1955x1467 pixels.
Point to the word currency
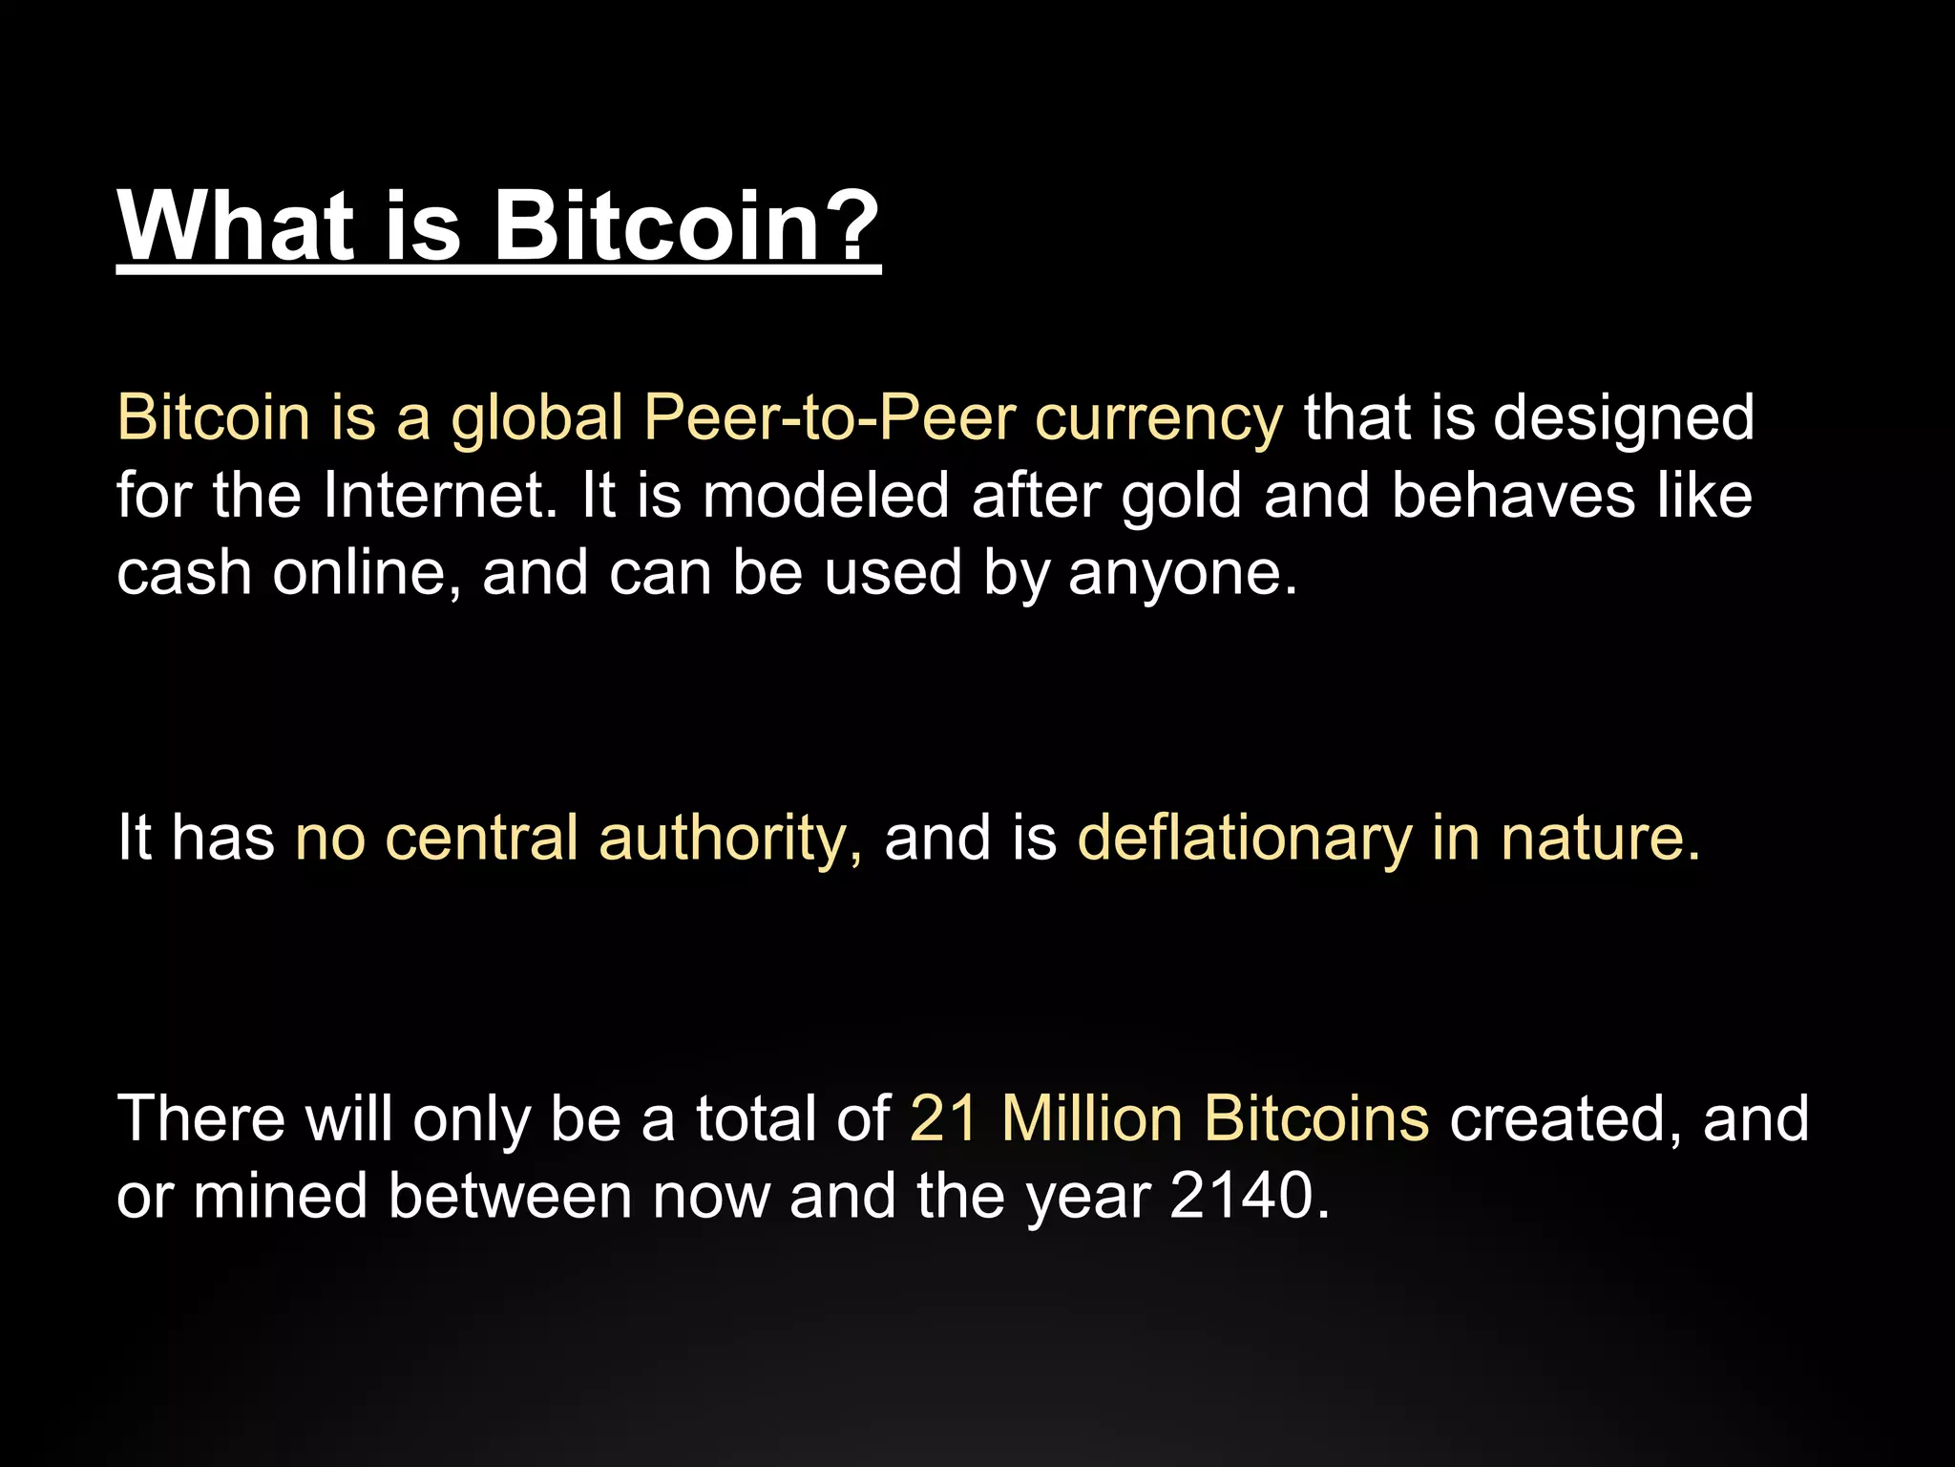click(x=1159, y=420)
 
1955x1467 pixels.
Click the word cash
click(x=184, y=573)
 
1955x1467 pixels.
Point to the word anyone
click(x=1183, y=575)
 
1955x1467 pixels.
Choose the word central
click(x=481, y=838)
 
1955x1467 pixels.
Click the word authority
click(x=730, y=840)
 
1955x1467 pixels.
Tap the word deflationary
click(x=1244, y=840)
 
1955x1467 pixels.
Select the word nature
click(x=1600, y=838)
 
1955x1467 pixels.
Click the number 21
click(x=944, y=1118)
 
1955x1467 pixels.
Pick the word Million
click(x=1092, y=1118)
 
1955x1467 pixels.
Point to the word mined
click(x=281, y=1196)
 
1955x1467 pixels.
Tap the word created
click(x=1566, y=1120)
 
